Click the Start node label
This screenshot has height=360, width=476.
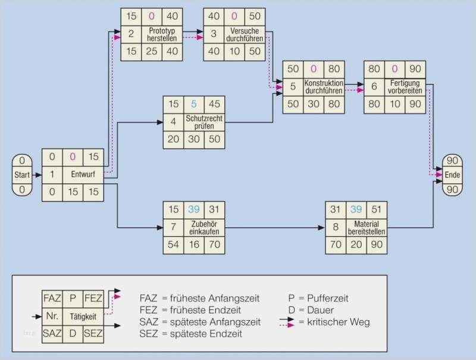(21, 175)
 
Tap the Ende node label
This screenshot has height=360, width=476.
(452, 175)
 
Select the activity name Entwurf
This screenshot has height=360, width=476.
(83, 175)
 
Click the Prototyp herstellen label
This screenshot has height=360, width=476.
(162, 34)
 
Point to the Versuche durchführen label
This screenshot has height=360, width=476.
(243, 34)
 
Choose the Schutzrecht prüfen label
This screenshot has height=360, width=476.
(203, 122)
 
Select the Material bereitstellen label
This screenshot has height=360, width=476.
(366, 227)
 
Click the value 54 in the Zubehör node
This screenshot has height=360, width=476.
(173, 243)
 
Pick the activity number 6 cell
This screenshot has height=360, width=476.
(374, 86)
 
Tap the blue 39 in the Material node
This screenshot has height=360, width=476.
(356, 209)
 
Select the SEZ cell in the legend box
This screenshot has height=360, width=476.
(94, 333)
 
